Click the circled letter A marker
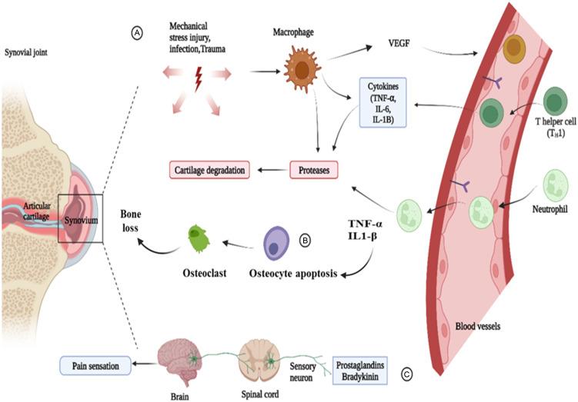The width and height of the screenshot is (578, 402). click(137, 34)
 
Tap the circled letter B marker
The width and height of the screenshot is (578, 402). click(305, 241)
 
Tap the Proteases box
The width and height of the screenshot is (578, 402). click(315, 168)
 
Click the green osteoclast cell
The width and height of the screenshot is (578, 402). click(199, 238)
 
